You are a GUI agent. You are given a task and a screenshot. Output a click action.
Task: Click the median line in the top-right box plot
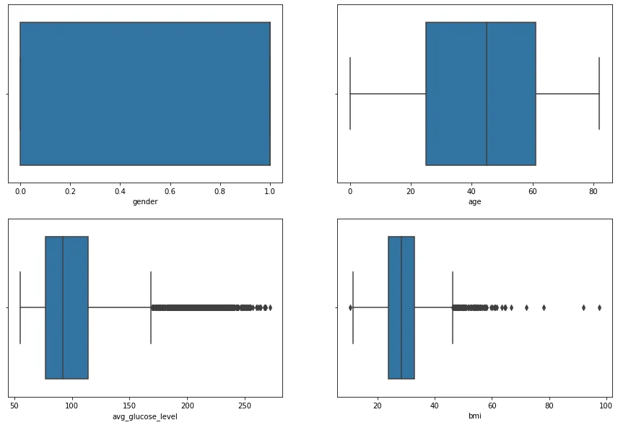(x=487, y=94)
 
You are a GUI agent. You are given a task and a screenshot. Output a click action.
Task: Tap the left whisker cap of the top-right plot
(x=350, y=94)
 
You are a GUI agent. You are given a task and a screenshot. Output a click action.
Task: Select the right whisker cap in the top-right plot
(x=599, y=94)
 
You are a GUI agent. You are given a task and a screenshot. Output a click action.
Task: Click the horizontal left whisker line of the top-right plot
(x=388, y=94)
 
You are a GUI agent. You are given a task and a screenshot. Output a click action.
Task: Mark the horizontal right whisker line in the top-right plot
(x=567, y=94)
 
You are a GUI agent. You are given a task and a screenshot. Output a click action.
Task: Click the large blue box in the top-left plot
(x=144, y=94)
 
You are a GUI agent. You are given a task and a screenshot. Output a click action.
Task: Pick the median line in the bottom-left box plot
(x=63, y=307)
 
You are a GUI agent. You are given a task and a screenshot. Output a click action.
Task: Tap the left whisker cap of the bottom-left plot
(x=20, y=307)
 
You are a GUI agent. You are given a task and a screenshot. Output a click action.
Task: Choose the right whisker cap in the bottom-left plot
(x=151, y=307)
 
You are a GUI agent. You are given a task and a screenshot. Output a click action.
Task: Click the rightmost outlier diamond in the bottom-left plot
(x=270, y=307)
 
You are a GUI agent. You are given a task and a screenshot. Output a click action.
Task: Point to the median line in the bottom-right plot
(x=401, y=307)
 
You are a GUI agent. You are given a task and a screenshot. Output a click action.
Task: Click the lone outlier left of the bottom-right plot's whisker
(x=350, y=307)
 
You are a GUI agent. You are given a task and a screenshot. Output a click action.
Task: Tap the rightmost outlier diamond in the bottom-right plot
(x=599, y=307)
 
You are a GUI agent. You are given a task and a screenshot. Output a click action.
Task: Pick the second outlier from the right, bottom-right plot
(x=583, y=307)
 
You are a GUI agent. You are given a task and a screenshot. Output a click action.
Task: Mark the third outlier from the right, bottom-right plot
(x=544, y=307)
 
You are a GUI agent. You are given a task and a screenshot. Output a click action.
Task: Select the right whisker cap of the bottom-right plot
(x=453, y=307)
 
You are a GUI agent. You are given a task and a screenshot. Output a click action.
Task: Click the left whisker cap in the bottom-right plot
(x=353, y=307)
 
